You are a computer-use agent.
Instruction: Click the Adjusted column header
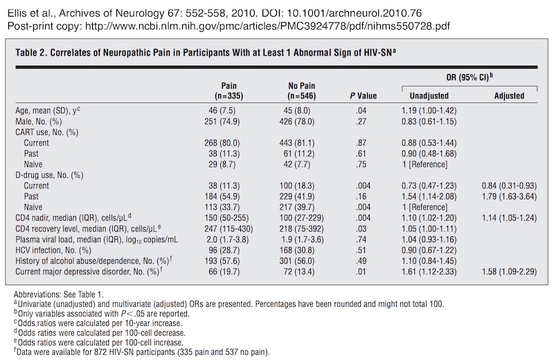point(509,96)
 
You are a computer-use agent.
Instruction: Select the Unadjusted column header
point(429,96)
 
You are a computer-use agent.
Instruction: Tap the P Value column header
point(363,96)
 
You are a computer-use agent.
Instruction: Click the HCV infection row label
point(53,251)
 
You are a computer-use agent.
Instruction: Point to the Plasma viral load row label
point(96,240)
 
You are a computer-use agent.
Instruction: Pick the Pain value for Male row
point(222,122)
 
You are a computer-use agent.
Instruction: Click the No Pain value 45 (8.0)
point(297,111)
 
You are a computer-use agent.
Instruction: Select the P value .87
point(361,143)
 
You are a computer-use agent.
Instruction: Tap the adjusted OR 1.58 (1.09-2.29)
point(509,271)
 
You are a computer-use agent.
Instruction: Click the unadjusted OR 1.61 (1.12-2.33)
point(429,271)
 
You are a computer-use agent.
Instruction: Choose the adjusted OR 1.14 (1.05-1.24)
point(509,218)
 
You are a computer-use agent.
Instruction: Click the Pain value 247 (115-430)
point(229,229)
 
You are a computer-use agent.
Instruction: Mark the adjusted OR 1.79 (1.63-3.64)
point(509,197)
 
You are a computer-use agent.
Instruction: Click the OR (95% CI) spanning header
point(470,77)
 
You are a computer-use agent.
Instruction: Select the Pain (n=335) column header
point(229,91)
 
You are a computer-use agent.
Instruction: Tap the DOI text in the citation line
point(341,13)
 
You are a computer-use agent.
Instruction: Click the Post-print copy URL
point(267,26)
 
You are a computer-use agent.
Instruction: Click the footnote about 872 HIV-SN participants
point(142,352)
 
